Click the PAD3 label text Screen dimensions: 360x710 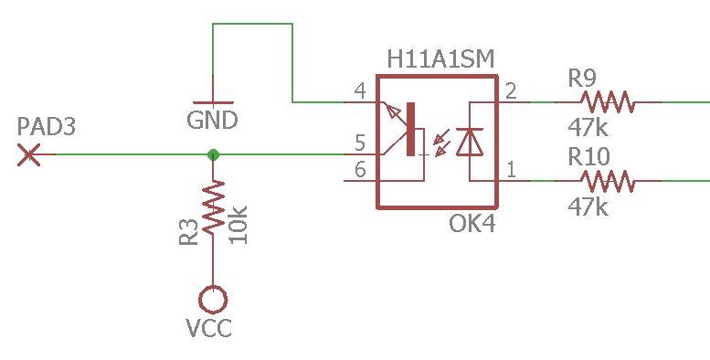click(46, 127)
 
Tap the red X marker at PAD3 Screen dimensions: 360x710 click(30, 155)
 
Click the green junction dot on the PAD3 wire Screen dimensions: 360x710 click(213, 155)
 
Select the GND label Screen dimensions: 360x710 click(212, 121)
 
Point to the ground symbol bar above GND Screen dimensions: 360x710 click(213, 102)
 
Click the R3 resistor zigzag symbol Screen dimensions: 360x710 click(213, 207)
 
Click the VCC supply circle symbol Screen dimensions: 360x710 click(213, 299)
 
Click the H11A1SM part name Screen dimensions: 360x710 click(440, 60)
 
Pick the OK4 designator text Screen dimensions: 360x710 click(472, 224)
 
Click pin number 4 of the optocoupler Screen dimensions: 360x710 click(359, 91)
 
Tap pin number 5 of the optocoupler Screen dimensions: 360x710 click(359, 143)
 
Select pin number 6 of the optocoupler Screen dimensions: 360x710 click(359, 169)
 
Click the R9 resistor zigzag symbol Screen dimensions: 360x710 click(606, 102)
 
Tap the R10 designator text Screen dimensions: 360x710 click(590, 155)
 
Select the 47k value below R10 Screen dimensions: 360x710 click(588, 207)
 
